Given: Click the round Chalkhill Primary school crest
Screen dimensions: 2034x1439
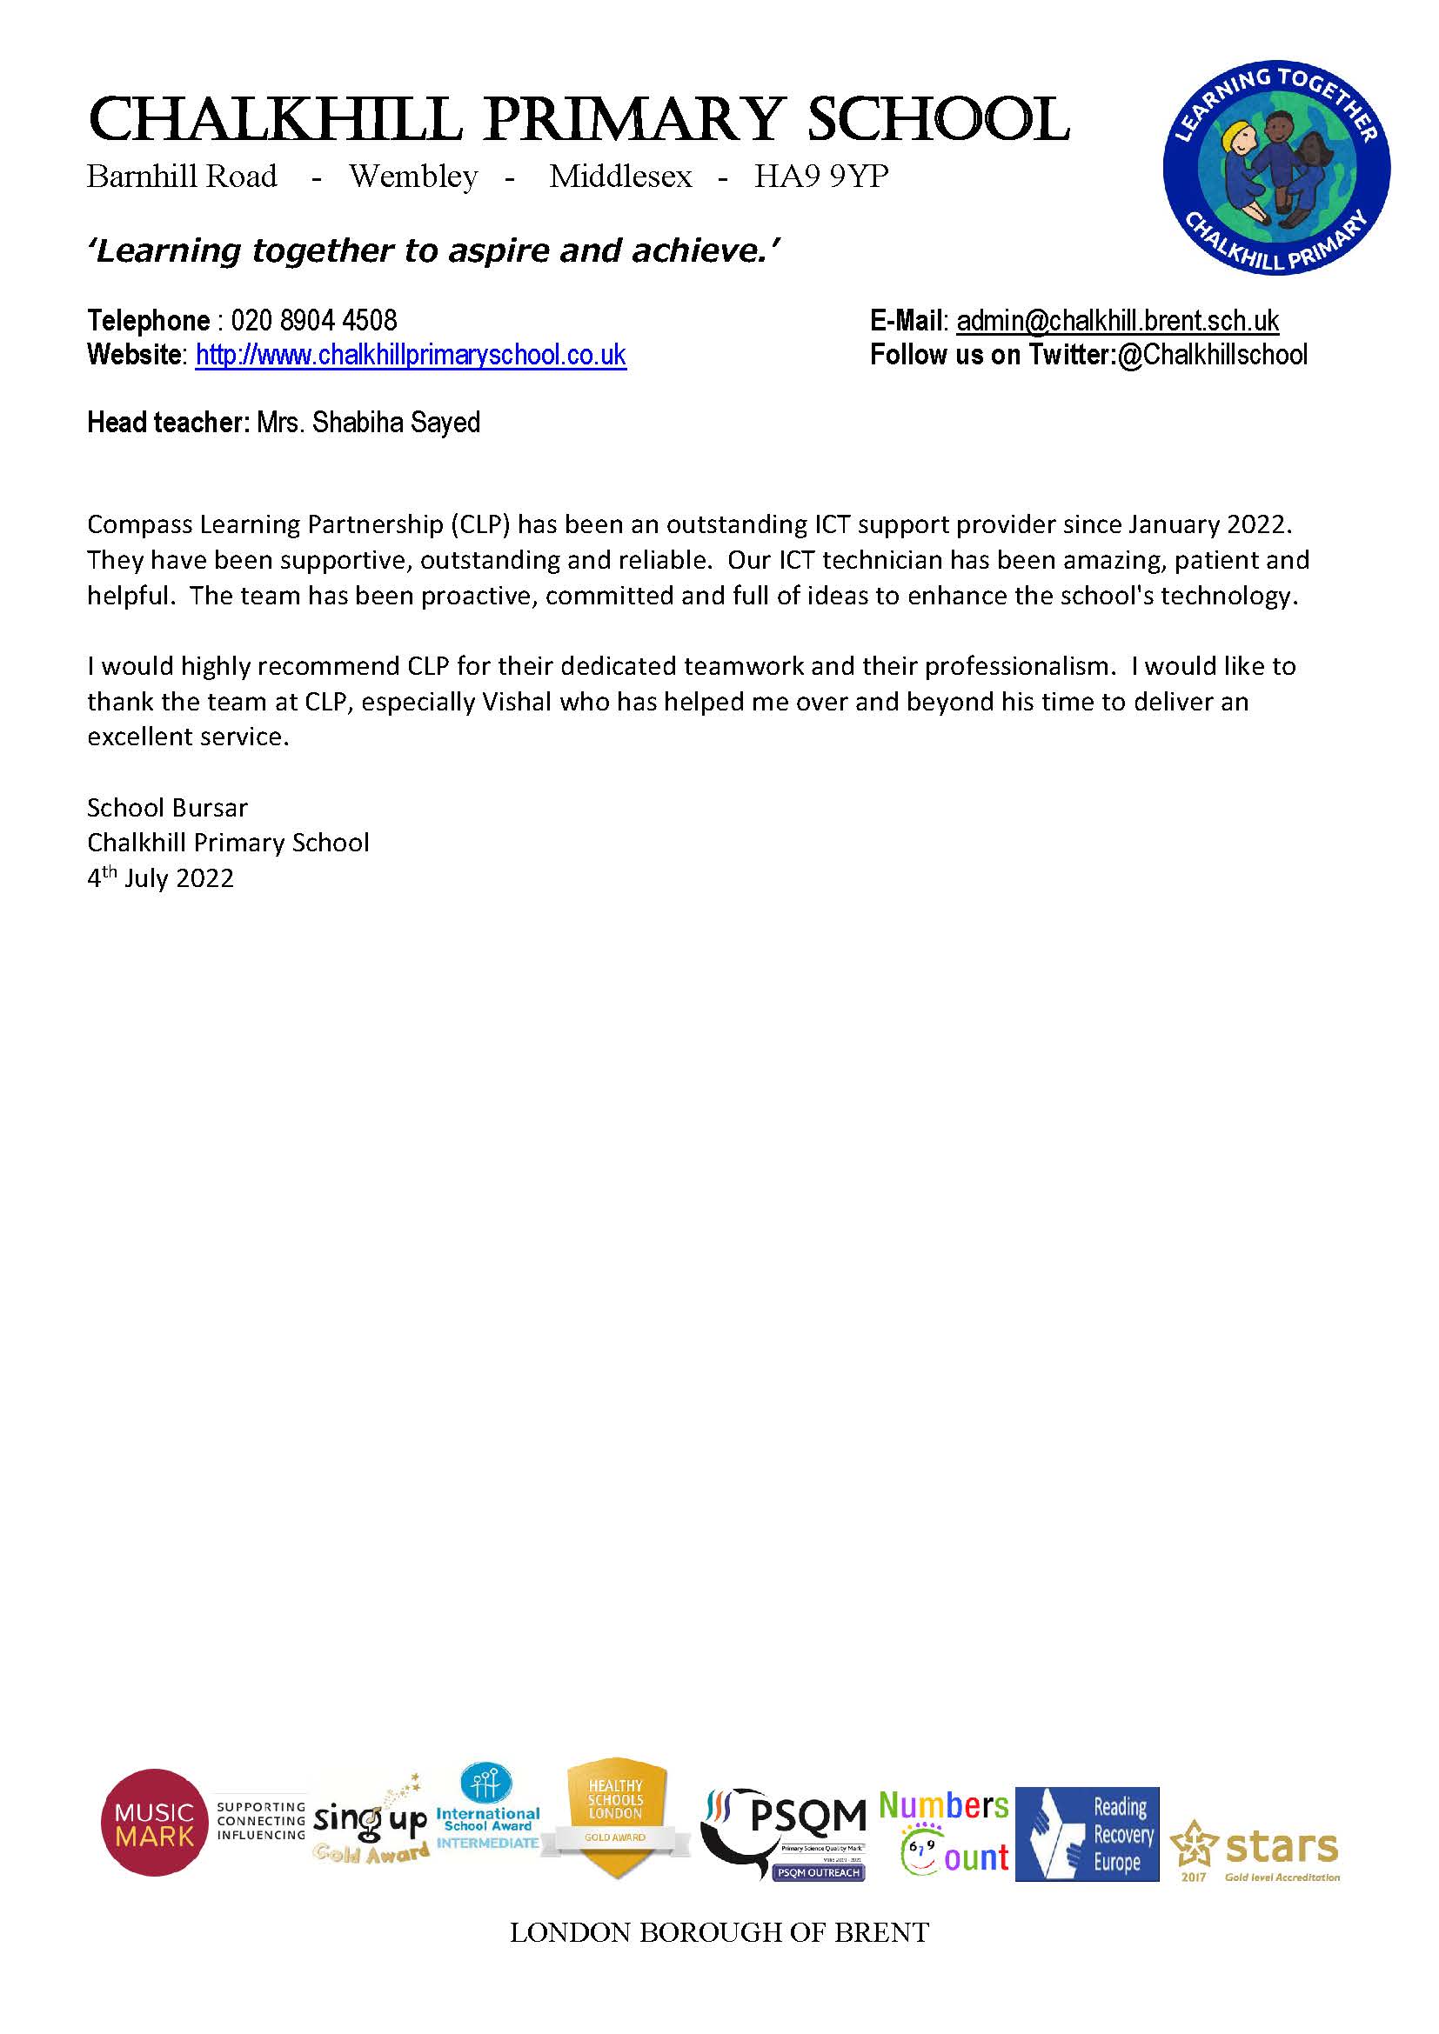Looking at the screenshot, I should pos(1276,169).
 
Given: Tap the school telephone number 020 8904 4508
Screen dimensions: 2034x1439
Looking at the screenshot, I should pos(314,320).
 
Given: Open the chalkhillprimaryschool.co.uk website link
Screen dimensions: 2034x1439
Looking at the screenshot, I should pos(411,356).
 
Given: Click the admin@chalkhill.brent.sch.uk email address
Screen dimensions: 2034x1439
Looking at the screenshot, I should pos(1117,320).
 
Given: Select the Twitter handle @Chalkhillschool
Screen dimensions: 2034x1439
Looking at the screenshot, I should pos(1212,356).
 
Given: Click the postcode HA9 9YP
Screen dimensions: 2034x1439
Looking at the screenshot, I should pos(820,177).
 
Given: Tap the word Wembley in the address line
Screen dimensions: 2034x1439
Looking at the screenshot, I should pos(413,177).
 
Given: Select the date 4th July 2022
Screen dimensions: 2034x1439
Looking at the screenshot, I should pos(160,878).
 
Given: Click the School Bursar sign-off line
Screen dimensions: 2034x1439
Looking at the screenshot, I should pos(166,807).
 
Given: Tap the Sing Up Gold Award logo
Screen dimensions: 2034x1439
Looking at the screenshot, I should pos(371,1827).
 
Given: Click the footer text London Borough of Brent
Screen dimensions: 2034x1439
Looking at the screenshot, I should pos(719,1932).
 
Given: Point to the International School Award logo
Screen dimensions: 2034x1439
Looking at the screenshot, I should pos(487,1816).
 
